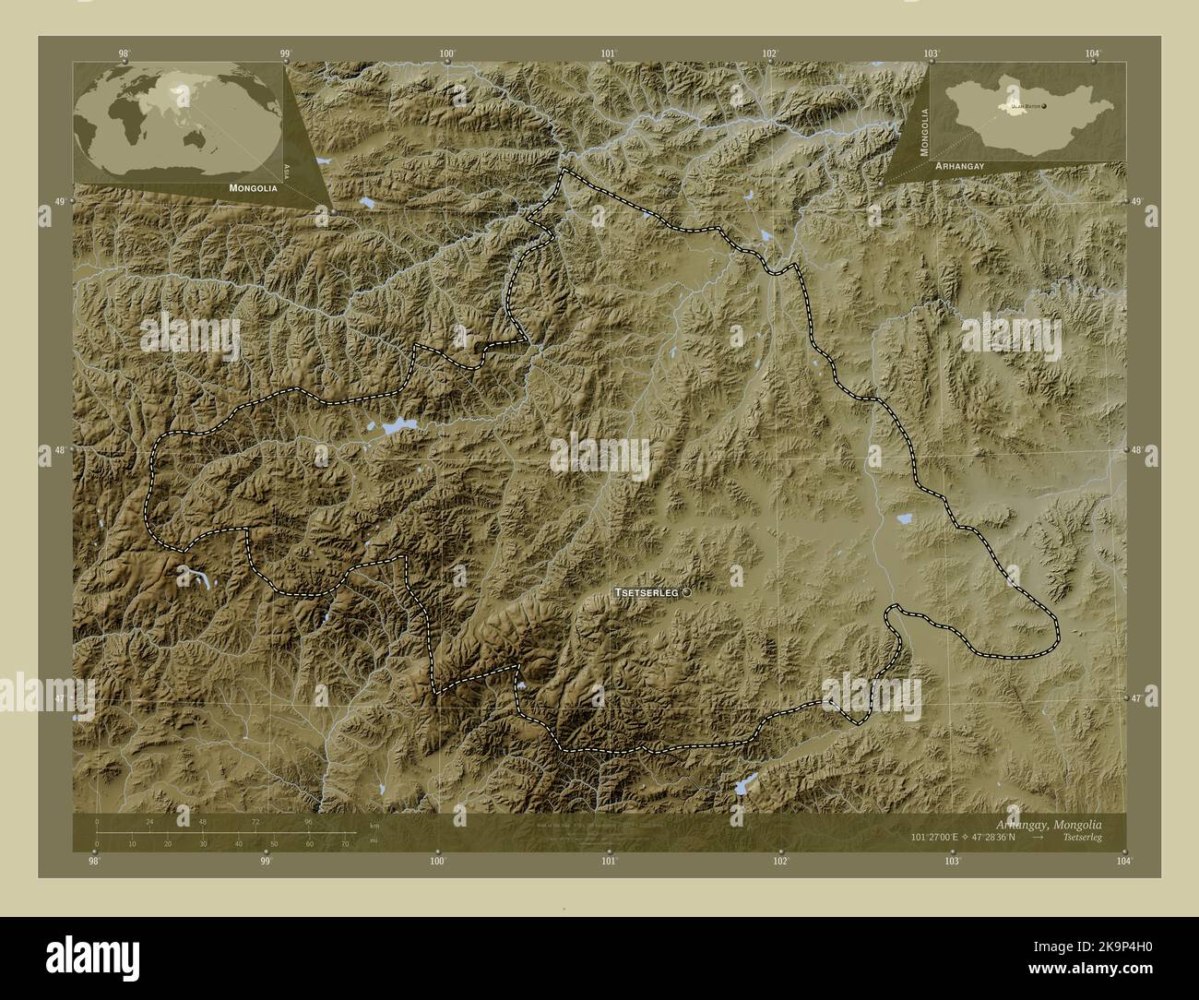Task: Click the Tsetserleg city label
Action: click(x=647, y=593)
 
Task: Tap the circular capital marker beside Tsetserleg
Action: click(x=685, y=593)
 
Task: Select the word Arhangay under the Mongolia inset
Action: click(x=961, y=164)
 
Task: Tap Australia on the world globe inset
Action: click(x=195, y=138)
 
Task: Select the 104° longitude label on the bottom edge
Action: click(x=1122, y=861)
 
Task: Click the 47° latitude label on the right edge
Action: click(x=1136, y=698)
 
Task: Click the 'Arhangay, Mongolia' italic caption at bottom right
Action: click(x=1061, y=823)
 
